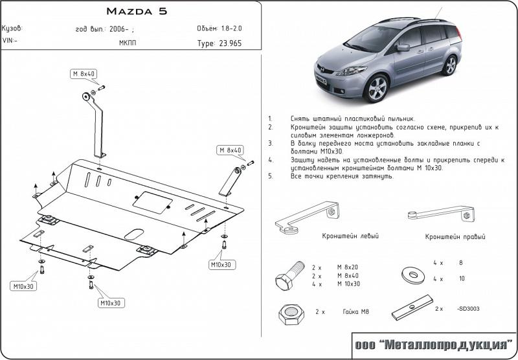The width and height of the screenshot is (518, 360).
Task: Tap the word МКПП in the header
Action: pyautogui.click(x=128, y=43)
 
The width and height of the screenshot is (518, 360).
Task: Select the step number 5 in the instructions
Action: pyautogui.click(x=270, y=176)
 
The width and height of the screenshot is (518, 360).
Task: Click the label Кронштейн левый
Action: pyautogui.click(x=350, y=236)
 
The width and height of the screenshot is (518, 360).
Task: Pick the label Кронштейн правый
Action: pyautogui.click(x=455, y=237)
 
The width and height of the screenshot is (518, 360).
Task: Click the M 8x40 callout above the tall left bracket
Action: pyautogui.click(x=84, y=74)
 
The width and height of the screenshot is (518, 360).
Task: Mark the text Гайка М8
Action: pyautogui.click(x=355, y=311)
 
